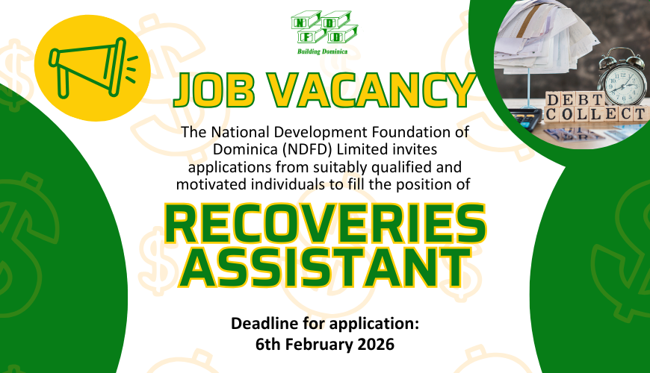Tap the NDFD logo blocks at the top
[324, 28]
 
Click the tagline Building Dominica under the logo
[322, 51]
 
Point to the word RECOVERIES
[325, 224]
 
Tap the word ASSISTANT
[325, 267]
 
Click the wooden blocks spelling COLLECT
[596, 114]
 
